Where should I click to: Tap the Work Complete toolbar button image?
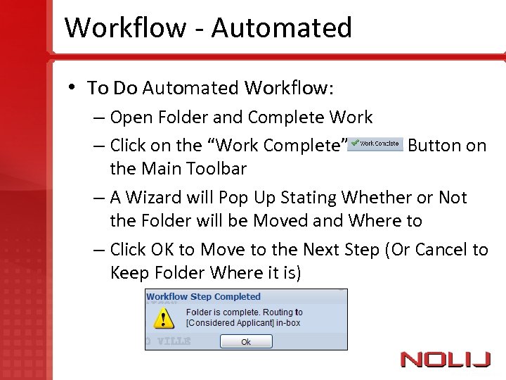click(375, 144)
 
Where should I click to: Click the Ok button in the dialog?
click(245, 341)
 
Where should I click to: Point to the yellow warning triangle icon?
click(164, 319)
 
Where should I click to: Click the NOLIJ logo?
click(446, 360)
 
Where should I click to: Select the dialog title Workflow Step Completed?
click(203, 297)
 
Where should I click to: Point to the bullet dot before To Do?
click(72, 87)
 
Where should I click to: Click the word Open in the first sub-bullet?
click(131, 118)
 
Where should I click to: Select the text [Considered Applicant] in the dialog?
click(229, 323)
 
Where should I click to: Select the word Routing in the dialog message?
click(280, 312)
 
